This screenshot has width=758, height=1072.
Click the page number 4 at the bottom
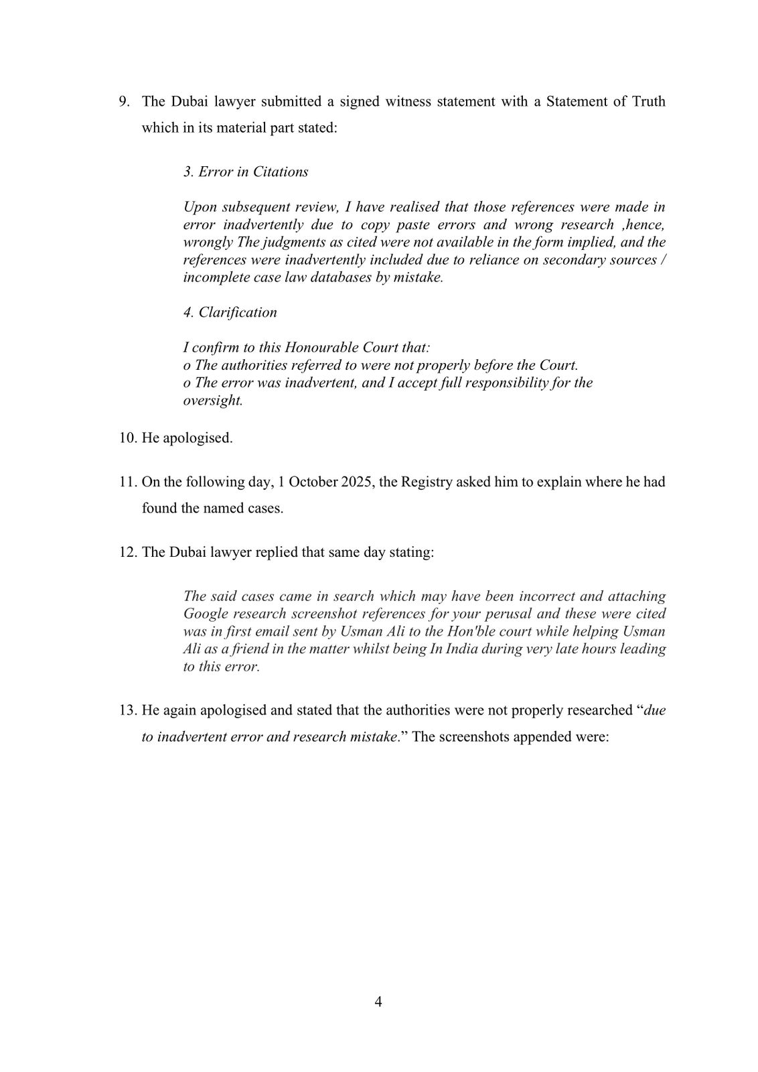378,1002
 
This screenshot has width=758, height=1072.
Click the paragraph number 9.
125,101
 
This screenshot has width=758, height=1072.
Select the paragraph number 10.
128,438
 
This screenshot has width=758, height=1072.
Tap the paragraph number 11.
128,482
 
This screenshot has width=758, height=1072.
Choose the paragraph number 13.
128,710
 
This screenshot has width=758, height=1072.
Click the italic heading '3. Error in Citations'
246,172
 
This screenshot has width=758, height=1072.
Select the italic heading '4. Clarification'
230,312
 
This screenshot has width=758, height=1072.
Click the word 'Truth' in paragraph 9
647,101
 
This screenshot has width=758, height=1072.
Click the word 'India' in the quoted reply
459,649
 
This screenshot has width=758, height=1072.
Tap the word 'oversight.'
213,401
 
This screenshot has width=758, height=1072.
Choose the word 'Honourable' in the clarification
319,348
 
